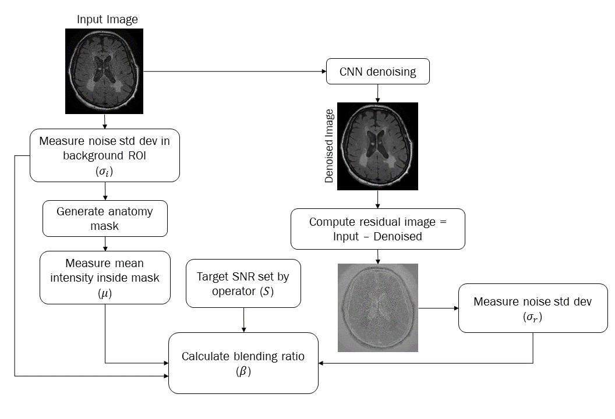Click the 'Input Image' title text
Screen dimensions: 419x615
tap(108, 19)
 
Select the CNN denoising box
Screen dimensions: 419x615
tap(378, 72)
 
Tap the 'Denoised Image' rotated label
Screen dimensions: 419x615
tap(330, 145)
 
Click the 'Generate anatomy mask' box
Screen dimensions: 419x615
tap(105, 218)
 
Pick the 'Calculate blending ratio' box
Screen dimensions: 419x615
tap(243, 363)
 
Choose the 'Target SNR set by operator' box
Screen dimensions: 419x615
tap(243, 284)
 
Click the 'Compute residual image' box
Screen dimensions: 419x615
tap(379, 229)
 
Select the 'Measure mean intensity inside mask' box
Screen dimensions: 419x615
tap(105, 277)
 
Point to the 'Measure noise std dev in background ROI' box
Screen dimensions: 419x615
tap(105, 154)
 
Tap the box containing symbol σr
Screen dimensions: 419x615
tap(533, 308)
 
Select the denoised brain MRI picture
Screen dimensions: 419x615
tap(378, 146)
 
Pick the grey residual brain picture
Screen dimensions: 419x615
tap(378, 307)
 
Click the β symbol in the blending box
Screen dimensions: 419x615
tap(243, 372)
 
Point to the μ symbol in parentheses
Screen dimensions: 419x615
tap(105, 294)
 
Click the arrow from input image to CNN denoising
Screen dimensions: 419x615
tap(233, 72)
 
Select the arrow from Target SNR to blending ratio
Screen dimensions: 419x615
tap(243, 319)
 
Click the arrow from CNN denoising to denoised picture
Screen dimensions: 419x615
tap(378, 94)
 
